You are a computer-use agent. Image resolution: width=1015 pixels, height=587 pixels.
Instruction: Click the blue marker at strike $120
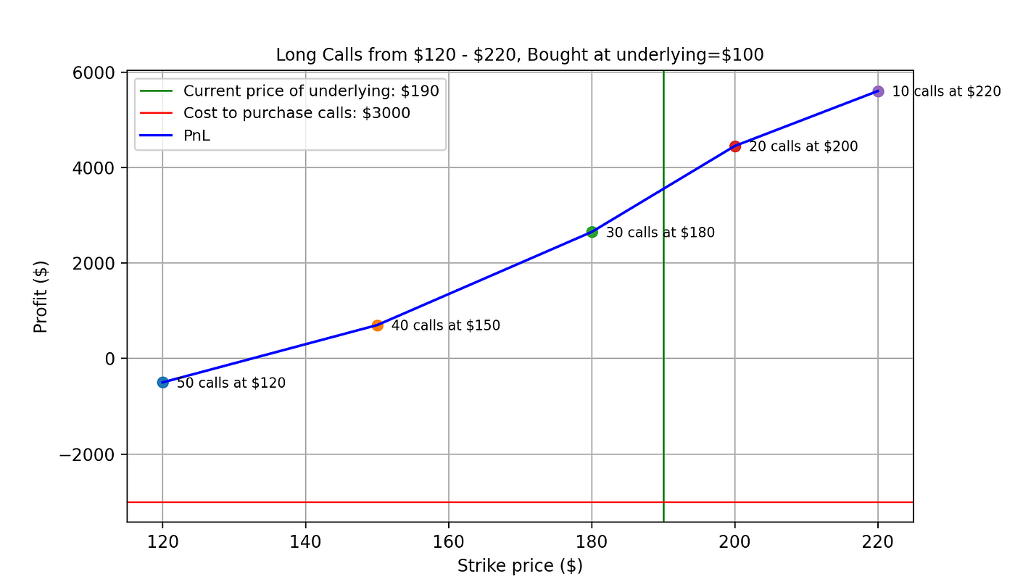pyautogui.click(x=162, y=383)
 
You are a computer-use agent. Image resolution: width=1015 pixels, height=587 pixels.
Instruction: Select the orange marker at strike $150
pyautogui.click(x=377, y=325)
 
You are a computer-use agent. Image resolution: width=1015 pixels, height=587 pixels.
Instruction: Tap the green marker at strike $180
pyautogui.click(x=592, y=232)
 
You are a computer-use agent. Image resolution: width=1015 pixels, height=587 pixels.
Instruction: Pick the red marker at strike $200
pyautogui.click(x=735, y=146)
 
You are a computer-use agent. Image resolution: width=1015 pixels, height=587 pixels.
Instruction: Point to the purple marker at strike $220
pyautogui.click(x=878, y=91)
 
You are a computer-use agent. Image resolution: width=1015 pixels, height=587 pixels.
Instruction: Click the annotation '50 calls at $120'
pyautogui.click(x=231, y=383)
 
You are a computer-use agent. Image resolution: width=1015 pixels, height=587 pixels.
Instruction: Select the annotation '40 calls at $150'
pyautogui.click(x=446, y=325)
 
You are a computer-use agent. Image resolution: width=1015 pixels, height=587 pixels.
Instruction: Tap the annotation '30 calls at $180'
pyautogui.click(x=660, y=233)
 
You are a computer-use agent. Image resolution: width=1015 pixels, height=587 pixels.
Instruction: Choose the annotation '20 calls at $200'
pyautogui.click(x=803, y=146)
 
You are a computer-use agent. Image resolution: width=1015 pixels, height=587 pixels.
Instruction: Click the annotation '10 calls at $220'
pyautogui.click(x=946, y=92)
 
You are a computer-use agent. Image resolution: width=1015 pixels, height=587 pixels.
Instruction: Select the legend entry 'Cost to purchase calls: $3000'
pyautogui.click(x=297, y=113)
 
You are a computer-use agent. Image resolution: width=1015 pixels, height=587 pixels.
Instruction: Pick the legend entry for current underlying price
pyautogui.click(x=311, y=91)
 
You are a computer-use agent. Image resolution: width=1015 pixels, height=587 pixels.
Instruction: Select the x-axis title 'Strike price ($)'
pyautogui.click(x=520, y=566)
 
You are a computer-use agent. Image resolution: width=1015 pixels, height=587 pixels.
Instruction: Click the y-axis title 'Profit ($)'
pyautogui.click(x=41, y=297)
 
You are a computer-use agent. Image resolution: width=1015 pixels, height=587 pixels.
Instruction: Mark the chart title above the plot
pyautogui.click(x=520, y=55)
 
